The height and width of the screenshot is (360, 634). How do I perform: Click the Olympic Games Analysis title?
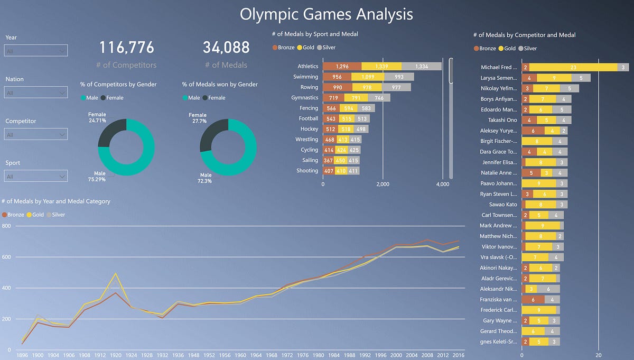(326, 14)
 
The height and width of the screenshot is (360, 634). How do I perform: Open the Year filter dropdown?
(36, 51)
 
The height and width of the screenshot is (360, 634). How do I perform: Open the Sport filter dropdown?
(36, 176)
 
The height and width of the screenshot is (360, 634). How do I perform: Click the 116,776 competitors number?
(127, 48)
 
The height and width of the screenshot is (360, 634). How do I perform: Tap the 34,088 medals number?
(226, 48)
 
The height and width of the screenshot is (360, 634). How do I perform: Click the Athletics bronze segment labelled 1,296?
(342, 67)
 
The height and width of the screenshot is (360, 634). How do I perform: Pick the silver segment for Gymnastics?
(379, 98)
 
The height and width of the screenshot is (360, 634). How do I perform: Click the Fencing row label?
(308, 108)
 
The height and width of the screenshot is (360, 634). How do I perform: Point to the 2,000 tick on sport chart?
(383, 184)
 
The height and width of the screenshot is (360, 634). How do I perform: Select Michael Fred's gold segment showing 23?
(573, 68)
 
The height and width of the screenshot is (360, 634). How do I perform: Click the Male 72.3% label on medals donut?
(206, 178)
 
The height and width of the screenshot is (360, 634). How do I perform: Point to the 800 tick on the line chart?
(6, 226)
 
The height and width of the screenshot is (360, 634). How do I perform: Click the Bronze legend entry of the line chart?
(14, 215)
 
